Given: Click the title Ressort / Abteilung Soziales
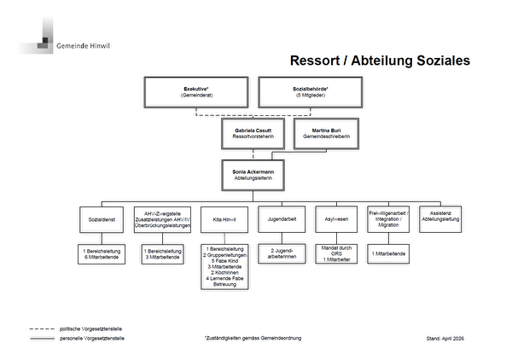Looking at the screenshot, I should (x=380, y=61).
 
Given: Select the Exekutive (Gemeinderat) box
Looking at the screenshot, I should (x=197, y=92).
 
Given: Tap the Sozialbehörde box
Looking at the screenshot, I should (x=312, y=92).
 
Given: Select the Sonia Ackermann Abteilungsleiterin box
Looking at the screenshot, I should (x=253, y=175).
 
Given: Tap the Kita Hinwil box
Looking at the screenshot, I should (x=224, y=219).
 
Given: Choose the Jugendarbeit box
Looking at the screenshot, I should (x=281, y=219).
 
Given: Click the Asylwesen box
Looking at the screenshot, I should (x=337, y=219).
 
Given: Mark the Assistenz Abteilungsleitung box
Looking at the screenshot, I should (x=445, y=219).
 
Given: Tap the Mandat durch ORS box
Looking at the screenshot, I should (x=337, y=255).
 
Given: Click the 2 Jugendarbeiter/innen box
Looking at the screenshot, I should (x=281, y=255).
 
